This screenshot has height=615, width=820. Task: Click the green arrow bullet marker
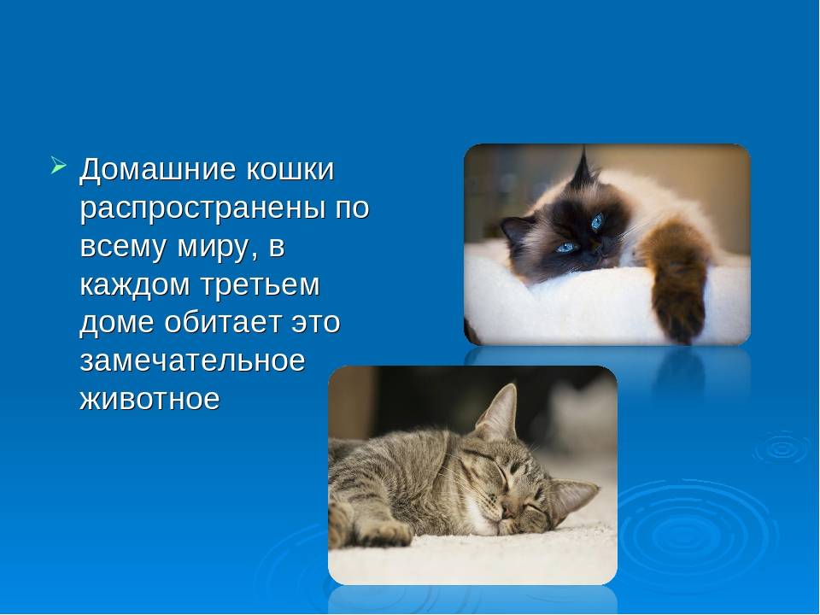[x=59, y=165]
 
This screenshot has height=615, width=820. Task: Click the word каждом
[x=134, y=285]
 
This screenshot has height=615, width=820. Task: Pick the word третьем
[x=260, y=285]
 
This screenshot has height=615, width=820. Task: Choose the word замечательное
[x=192, y=360]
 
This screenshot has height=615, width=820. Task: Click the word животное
[x=149, y=399]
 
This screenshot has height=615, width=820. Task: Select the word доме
[x=117, y=323]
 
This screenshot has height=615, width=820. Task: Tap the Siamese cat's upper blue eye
[x=597, y=221]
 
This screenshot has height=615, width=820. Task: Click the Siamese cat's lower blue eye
[x=567, y=247]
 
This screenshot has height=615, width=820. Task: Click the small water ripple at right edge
[x=782, y=448]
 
